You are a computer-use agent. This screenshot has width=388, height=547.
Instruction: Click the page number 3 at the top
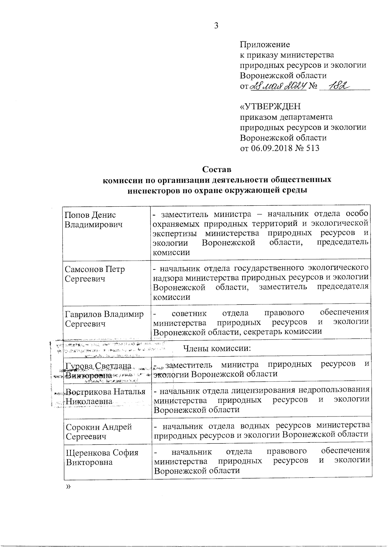[216, 26]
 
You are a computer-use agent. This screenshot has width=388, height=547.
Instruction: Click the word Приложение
[264, 45]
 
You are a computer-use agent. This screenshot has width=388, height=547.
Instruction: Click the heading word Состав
[217, 169]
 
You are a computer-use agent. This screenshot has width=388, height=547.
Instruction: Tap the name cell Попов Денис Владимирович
[93, 220]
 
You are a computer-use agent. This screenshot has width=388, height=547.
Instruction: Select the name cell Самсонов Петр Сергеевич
[94, 274]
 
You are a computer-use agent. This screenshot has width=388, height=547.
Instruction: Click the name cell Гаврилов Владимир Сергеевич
[104, 319]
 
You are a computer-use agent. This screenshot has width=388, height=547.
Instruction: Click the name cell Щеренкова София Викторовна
[102, 457]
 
